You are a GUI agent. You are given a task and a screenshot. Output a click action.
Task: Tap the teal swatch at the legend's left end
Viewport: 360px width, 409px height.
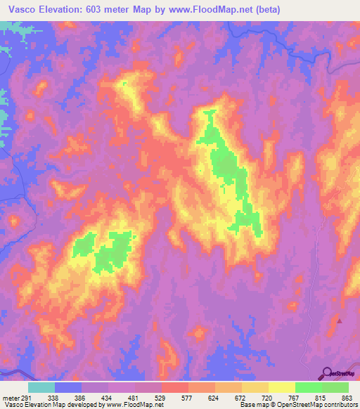(41, 387)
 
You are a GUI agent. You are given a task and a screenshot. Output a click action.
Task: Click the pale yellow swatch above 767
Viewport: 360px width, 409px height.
(281, 387)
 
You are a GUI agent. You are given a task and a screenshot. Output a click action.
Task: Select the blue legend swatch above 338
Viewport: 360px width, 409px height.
(68, 387)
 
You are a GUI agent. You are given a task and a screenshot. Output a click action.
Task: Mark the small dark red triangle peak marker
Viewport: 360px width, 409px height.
(340, 320)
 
